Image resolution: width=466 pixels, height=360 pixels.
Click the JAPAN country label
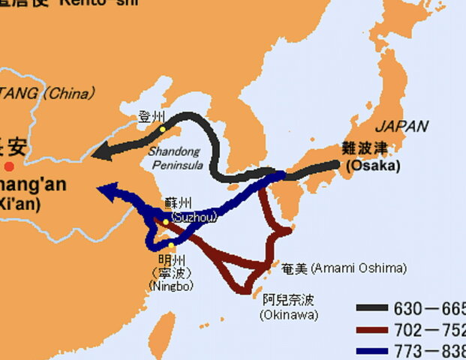coord(401,126)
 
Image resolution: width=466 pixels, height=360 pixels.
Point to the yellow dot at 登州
coord(162,129)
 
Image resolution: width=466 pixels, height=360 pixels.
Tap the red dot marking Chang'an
coord(8,166)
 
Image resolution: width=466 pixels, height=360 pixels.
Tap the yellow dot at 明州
coord(172,246)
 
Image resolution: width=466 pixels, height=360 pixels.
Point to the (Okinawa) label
coord(289,315)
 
